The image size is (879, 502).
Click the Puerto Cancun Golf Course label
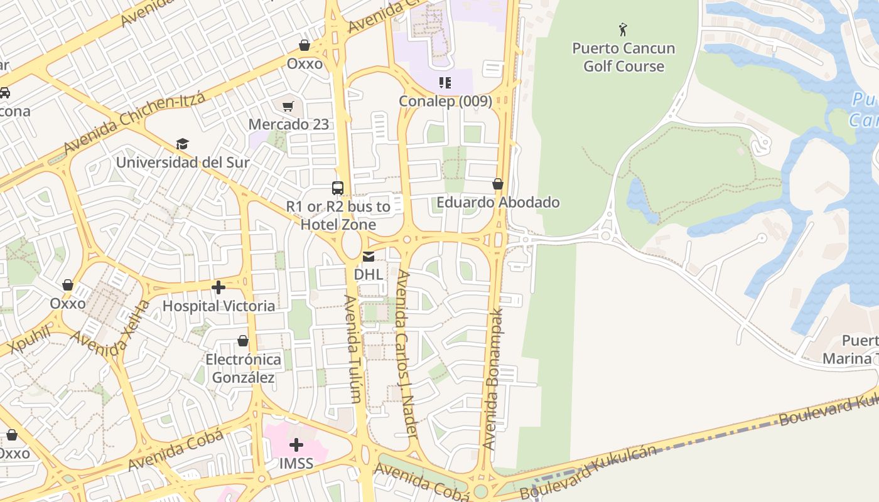pyautogui.click(x=623, y=57)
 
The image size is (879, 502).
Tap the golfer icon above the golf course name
pyautogui.click(x=623, y=29)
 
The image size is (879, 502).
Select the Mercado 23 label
pyautogui.click(x=288, y=124)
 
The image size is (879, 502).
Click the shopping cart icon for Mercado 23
pyautogui.click(x=288, y=107)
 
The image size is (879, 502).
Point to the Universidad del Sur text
pyautogui.click(x=183, y=162)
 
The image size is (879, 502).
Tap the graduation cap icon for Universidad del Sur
pyautogui.click(x=182, y=144)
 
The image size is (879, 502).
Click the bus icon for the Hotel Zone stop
pyautogui.click(x=338, y=188)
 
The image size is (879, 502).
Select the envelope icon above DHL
pyautogui.click(x=368, y=256)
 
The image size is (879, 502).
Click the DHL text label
pyautogui.click(x=368, y=274)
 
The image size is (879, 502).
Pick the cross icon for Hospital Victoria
pyautogui.click(x=218, y=287)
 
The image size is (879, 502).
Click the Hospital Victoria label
pyautogui.click(x=218, y=306)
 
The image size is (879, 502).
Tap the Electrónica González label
pyautogui.click(x=244, y=368)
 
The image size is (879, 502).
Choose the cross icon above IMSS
pyautogui.click(x=296, y=446)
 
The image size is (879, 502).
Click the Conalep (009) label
pyautogui.click(x=446, y=101)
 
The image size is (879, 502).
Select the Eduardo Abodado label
pyautogui.click(x=498, y=202)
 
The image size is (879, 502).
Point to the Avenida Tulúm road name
pyautogui.click(x=352, y=348)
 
